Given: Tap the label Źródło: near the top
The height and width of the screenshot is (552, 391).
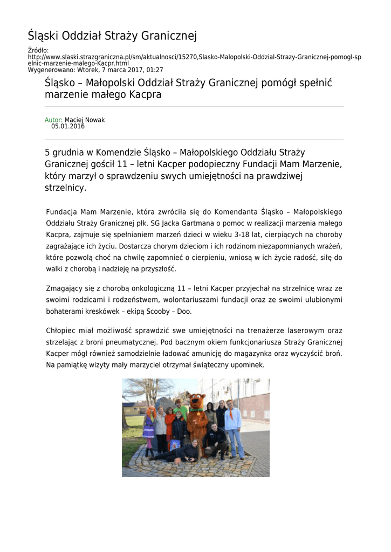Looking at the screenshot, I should tap(38, 51).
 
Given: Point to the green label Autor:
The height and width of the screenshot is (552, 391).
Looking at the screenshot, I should tap(53, 120).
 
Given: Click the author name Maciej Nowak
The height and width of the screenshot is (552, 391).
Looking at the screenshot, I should tap(85, 120).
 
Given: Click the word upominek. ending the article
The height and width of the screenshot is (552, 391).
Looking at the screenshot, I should tap(248, 365).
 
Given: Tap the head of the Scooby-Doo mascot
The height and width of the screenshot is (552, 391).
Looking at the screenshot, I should tap(197, 401).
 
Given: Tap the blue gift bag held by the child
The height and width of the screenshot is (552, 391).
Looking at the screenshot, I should tap(175, 445).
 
